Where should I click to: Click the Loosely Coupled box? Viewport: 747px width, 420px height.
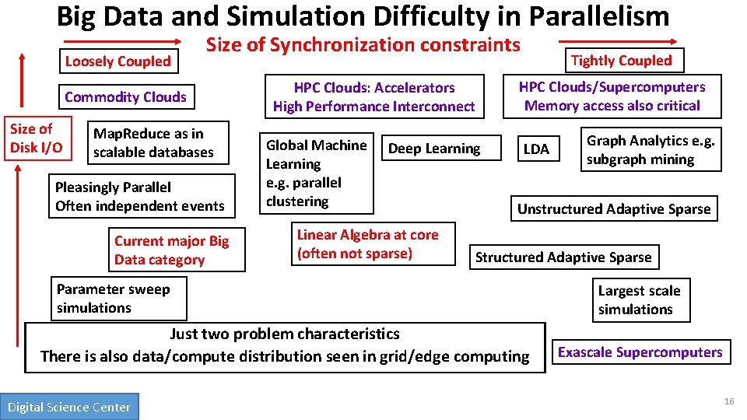(117, 61)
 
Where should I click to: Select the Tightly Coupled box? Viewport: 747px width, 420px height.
(621, 61)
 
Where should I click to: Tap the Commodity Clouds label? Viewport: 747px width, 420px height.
(125, 97)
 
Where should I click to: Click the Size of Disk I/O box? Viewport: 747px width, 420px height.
(36, 138)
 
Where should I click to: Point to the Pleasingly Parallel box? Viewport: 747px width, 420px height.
(141, 196)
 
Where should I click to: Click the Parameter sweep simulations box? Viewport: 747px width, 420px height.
(118, 299)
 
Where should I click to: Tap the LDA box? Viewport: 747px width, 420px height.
(536, 149)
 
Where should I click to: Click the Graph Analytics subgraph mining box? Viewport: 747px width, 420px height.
(651, 149)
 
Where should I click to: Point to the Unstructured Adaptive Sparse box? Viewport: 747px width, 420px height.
(614, 208)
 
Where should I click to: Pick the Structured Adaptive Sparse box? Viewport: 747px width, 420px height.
(563, 257)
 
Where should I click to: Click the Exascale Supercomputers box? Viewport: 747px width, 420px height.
(640, 352)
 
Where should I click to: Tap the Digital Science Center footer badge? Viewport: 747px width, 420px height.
(69, 407)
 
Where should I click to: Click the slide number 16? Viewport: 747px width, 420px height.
(728, 401)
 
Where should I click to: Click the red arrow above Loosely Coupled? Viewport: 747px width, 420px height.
(121, 41)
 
